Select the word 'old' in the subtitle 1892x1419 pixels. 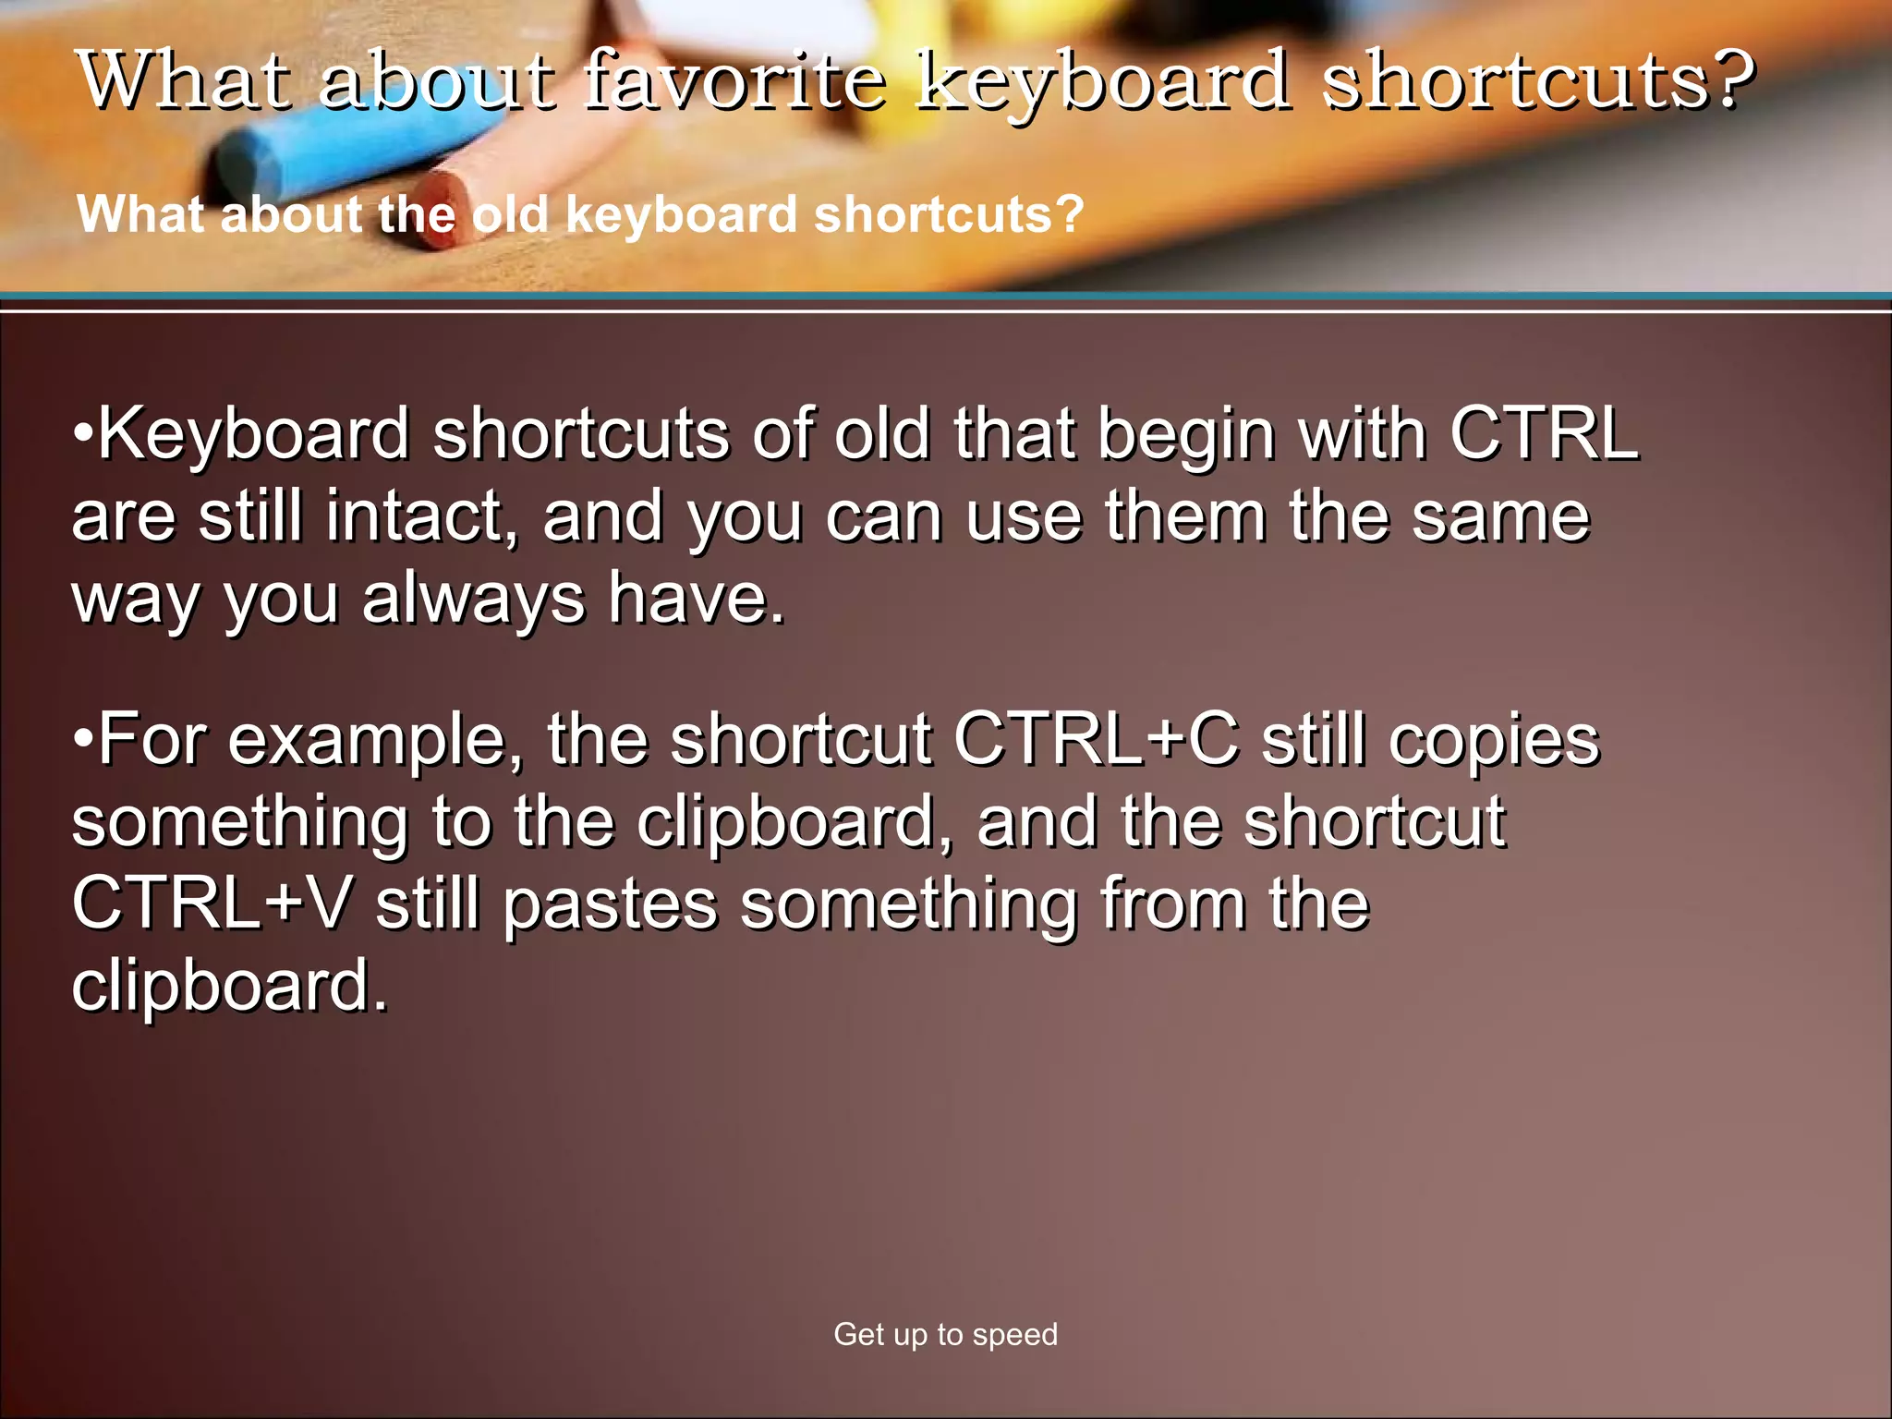click(x=510, y=214)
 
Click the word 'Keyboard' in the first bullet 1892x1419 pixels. click(x=253, y=434)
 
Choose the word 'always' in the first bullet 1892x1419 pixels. click(x=474, y=599)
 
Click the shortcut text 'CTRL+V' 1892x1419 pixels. click(x=212, y=903)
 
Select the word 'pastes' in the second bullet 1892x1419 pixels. click(x=611, y=903)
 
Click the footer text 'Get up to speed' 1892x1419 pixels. click(x=945, y=1334)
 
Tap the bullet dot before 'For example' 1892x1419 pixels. click(x=83, y=739)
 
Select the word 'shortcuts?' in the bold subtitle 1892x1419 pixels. click(x=949, y=214)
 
